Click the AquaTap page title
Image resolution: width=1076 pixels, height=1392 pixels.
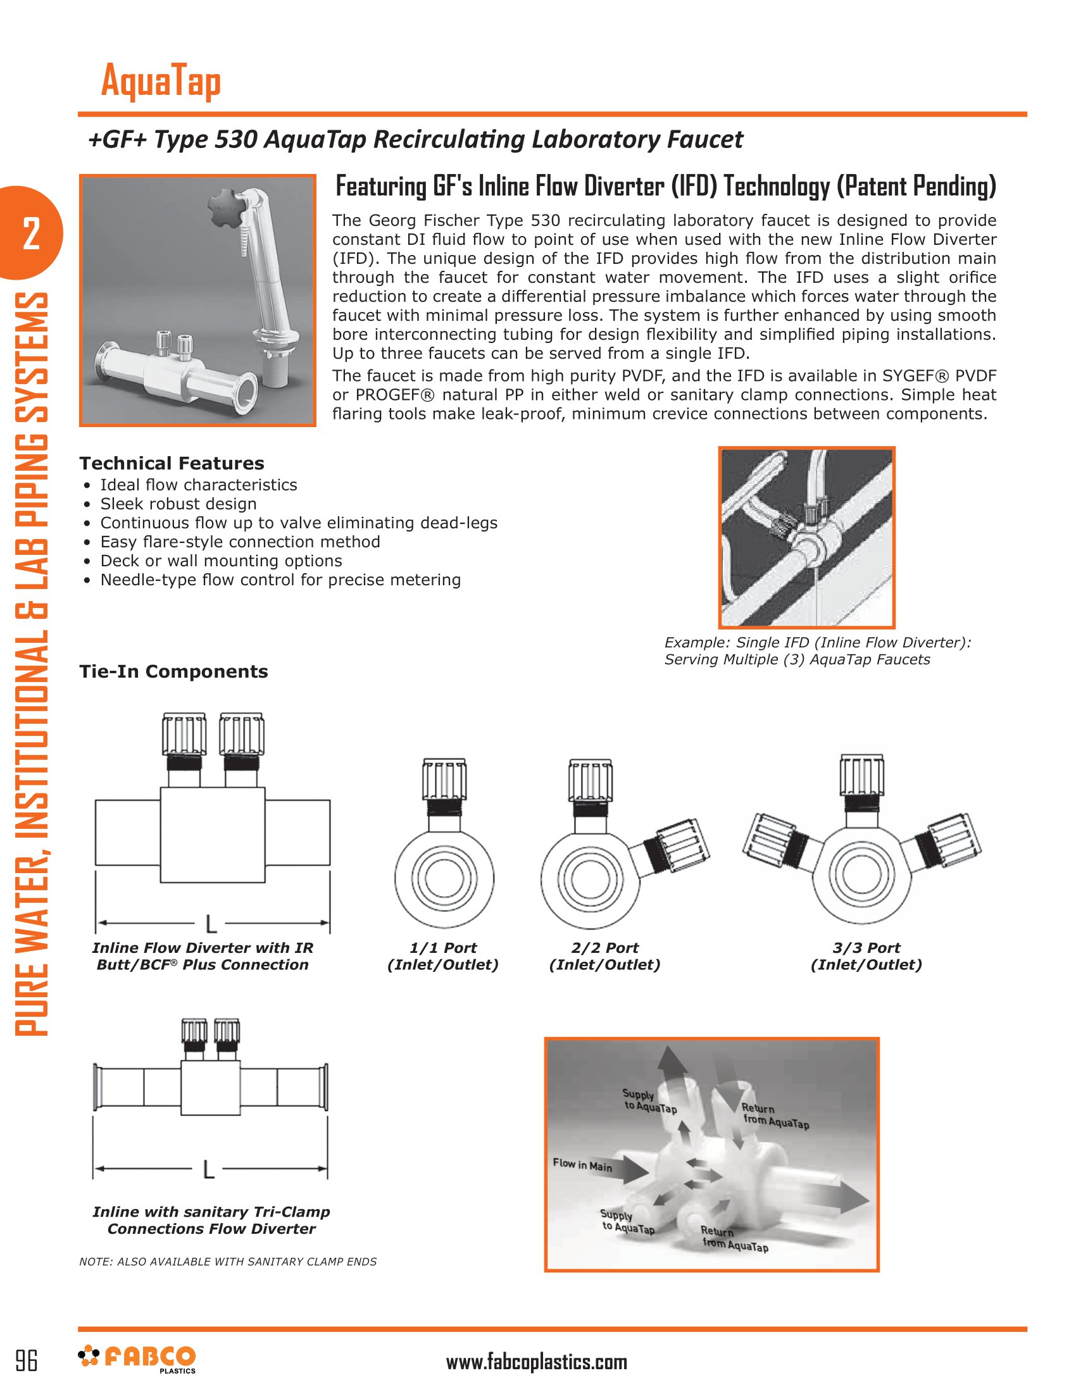[x=161, y=81]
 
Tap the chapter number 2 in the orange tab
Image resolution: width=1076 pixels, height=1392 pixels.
[x=30, y=234]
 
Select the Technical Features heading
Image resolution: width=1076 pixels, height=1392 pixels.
[x=172, y=463]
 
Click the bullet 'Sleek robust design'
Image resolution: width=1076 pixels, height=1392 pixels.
[x=178, y=504]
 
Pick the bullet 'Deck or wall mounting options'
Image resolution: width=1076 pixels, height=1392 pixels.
[x=220, y=561]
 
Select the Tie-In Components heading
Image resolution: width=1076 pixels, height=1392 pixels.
[x=173, y=672]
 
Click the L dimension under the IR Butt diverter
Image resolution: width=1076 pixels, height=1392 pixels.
[x=211, y=924]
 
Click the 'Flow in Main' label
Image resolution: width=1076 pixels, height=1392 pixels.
[x=582, y=1165]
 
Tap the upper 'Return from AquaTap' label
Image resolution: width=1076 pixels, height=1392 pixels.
[x=775, y=1116]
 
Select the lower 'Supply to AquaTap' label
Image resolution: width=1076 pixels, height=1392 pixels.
[x=627, y=1222]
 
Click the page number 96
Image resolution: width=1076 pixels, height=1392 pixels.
[x=26, y=1361]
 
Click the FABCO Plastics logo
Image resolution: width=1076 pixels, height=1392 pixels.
[x=137, y=1358]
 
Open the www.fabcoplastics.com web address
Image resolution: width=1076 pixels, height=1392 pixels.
[x=536, y=1362]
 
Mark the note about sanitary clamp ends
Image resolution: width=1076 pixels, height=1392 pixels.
[x=228, y=1262]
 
